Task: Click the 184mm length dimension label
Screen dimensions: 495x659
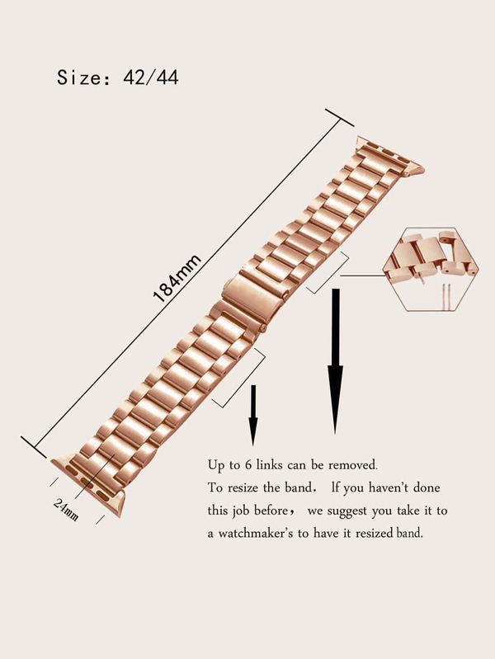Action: [177, 278]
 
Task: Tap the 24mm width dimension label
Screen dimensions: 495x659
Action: [66, 510]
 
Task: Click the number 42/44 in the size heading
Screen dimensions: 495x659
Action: [151, 78]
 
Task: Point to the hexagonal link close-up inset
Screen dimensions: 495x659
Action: [431, 269]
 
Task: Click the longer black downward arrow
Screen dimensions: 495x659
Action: [335, 360]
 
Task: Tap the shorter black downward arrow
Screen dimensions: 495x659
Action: [252, 415]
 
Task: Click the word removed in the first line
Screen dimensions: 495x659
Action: [352, 465]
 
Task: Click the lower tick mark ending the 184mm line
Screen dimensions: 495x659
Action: [34, 447]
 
